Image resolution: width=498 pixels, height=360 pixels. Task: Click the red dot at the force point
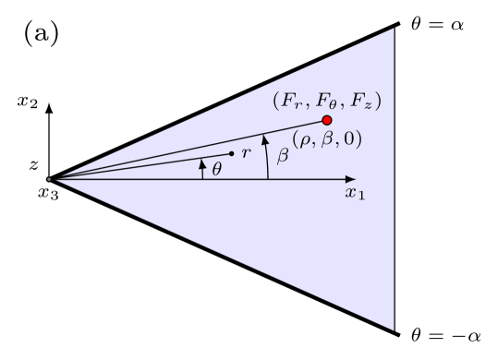coord(327,120)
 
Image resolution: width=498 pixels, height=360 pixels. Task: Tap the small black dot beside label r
coord(231,153)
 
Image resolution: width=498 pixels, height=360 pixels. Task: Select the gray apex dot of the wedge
coord(50,179)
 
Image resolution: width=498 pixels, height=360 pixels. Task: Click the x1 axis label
coord(354,194)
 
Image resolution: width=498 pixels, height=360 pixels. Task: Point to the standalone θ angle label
coord(217,169)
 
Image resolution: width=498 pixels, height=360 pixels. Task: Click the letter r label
coord(244,153)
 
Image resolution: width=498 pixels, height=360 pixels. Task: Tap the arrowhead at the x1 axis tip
coord(350,179)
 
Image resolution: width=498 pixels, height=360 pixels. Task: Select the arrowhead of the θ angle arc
coord(202,163)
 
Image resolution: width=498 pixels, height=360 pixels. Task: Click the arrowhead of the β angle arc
coord(266,139)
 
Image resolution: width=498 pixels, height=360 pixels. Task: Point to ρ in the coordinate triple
coord(302,138)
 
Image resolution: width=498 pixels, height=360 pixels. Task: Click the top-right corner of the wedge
coord(395,29)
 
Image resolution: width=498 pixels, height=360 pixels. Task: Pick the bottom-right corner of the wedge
coord(395,330)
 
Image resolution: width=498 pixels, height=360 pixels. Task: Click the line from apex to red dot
coord(185,150)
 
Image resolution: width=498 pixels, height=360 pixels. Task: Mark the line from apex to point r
coord(139,166)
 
